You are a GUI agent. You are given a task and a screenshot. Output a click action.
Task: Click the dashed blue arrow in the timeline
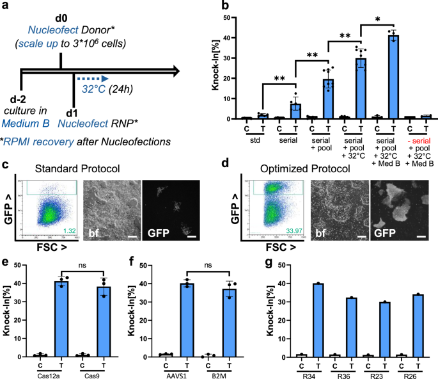click(x=86, y=81)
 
